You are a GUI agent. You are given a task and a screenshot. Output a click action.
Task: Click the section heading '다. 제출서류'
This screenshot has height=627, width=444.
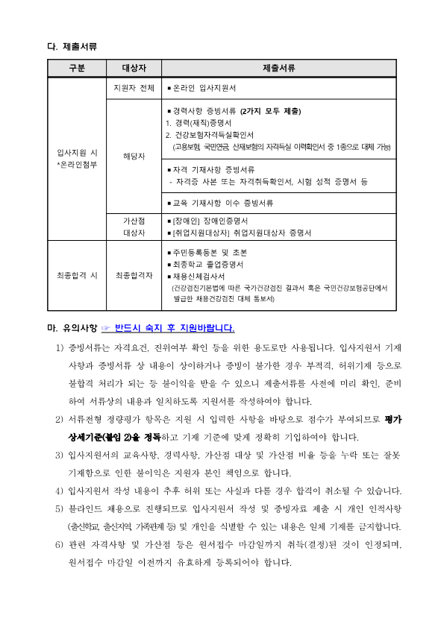point(72,47)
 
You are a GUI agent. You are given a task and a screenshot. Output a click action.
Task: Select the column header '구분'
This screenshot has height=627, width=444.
point(77,69)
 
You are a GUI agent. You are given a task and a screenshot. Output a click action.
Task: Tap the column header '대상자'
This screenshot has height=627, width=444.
point(135,69)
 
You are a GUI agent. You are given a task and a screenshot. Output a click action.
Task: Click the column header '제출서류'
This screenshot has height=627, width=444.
point(278,69)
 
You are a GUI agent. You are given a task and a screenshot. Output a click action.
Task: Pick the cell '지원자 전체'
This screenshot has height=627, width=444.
point(135,88)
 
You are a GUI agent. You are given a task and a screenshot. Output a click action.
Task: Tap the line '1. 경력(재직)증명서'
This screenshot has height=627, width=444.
point(198,123)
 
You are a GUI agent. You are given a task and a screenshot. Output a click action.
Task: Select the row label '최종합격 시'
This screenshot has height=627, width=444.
point(77,275)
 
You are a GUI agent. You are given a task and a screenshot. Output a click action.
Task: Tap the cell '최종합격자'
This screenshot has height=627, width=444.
point(135,275)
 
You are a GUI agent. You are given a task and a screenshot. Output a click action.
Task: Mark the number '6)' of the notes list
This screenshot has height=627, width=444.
point(60,545)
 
